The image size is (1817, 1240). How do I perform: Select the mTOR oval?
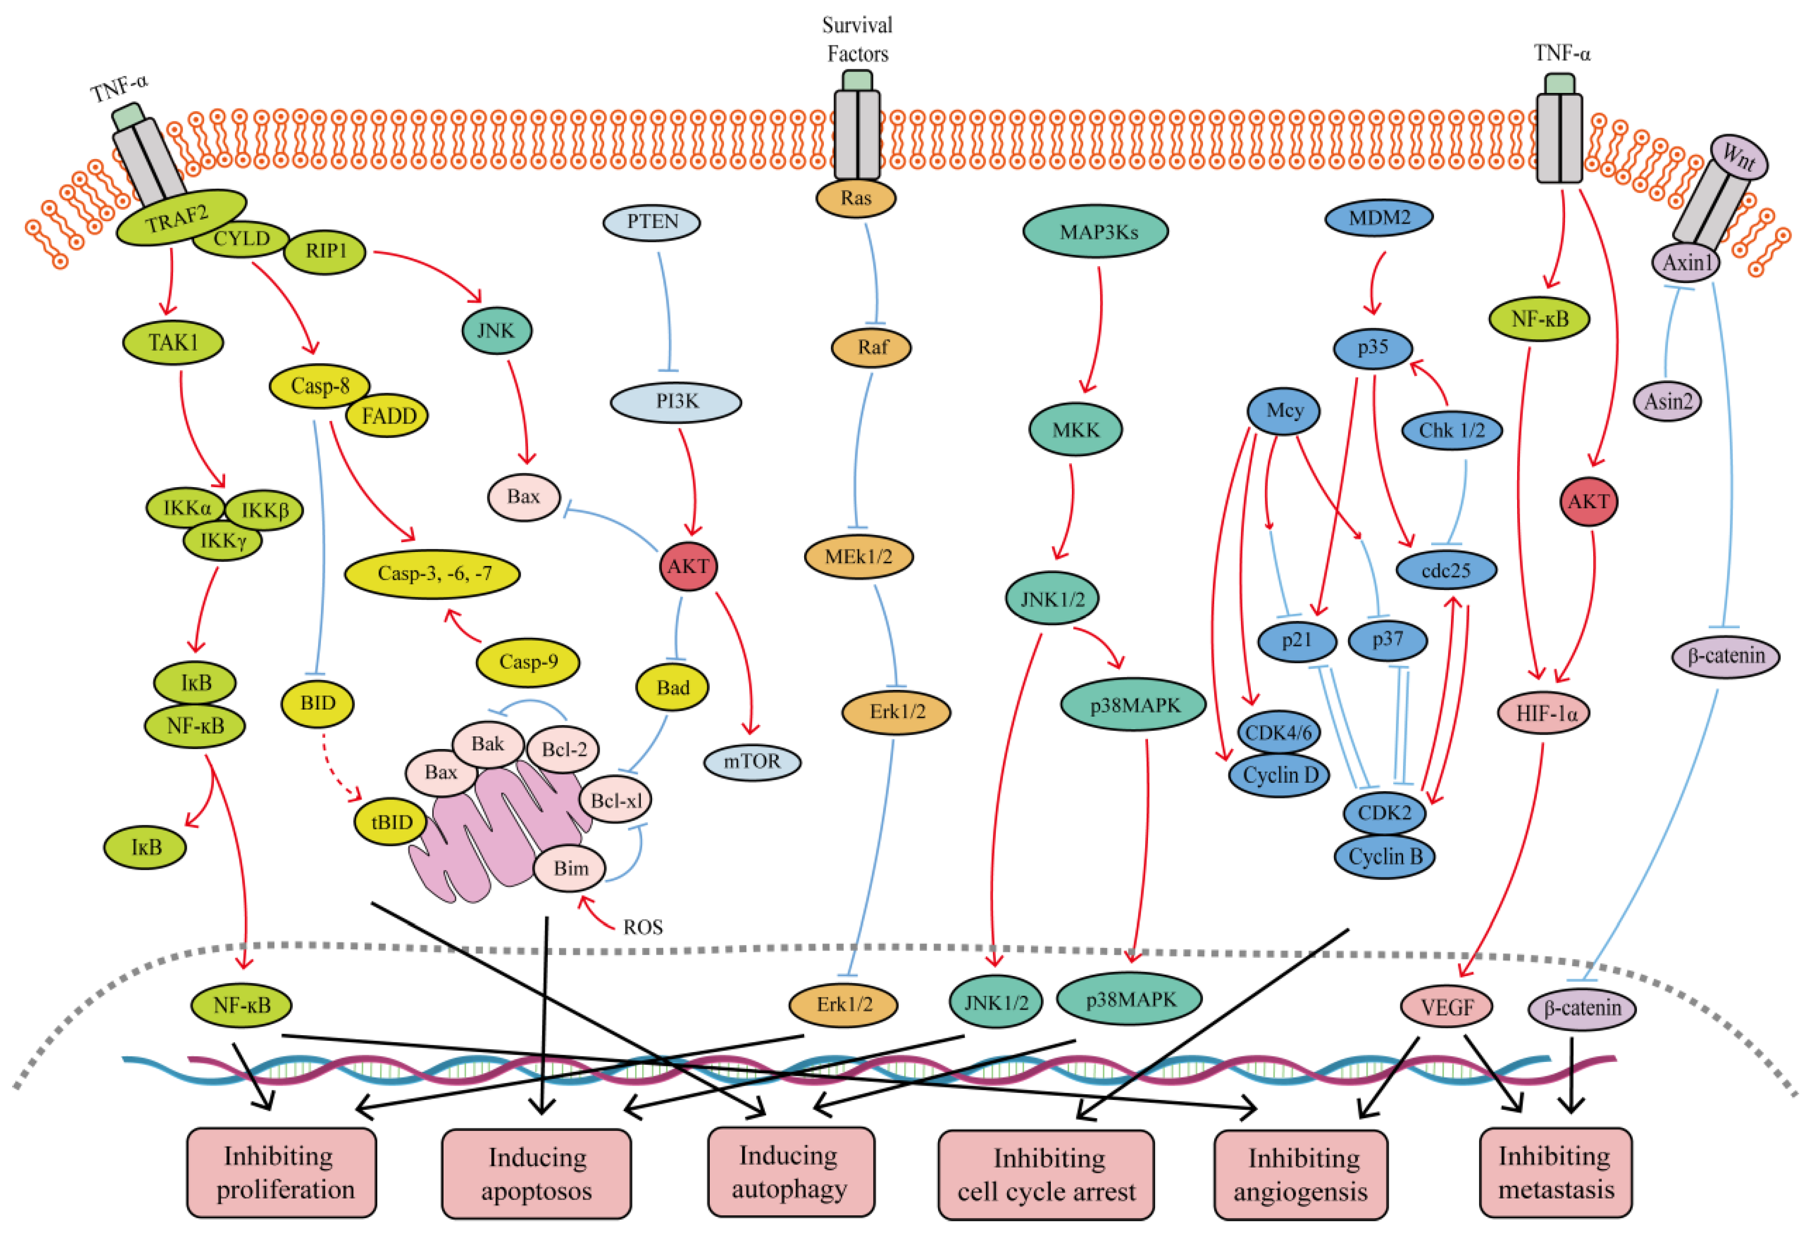pyautogui.click(x=752, y=761)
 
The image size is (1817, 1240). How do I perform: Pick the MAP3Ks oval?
pyautogui.click(x=1096, y=232)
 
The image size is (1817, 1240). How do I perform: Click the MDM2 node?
pyautogui.click(x=1379, y=217)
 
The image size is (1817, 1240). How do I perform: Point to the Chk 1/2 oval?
pyautogui.click(x=1451, y=430)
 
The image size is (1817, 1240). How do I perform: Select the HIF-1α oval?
pyautogui.click(x=1544, y=713)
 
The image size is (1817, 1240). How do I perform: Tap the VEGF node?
pyautogui.click(x=1446, y=1006)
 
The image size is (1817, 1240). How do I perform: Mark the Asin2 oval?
pyautogui.click(x=1667, y=402)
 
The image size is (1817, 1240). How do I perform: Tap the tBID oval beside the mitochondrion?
pyautogui.click(x=391, y=822)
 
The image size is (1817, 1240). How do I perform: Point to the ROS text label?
pyautogui.click(x=643, y=927)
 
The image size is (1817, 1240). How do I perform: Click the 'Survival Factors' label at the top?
pyautogui.click(x=857, y=39)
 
